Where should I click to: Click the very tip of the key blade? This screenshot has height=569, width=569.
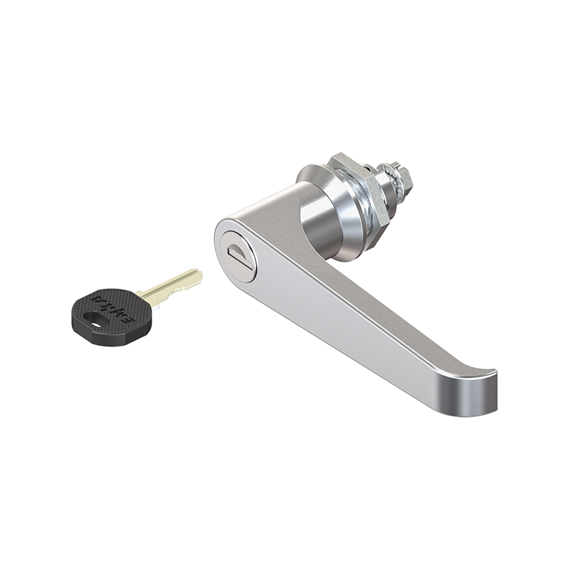pyautogui.click(x=200, y=273)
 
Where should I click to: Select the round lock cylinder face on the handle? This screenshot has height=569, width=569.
pyautogui.click(x=238, y=252)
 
